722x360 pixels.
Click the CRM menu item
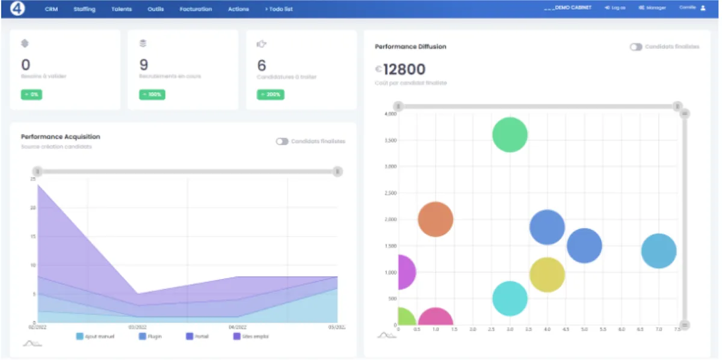tap(51, 9)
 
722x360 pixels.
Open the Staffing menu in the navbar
tap(84, 9)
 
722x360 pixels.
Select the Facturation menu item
tap(196, 9)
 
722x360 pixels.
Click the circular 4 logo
tap(16, 9)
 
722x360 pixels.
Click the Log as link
tap(615, 8)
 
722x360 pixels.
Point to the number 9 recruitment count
tap(144, 64)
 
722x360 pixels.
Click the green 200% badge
tap(270, 95)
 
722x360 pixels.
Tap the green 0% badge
tap(32, 95)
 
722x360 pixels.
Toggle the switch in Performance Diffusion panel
tap(635, 46)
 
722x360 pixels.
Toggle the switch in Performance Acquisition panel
tap(282, 141)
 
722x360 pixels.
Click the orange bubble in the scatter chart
tap(435, 219)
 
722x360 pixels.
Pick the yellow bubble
tap(547, 275)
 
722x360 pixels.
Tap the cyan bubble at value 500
tap(510, 298)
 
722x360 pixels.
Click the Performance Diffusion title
tap(410, 46)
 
